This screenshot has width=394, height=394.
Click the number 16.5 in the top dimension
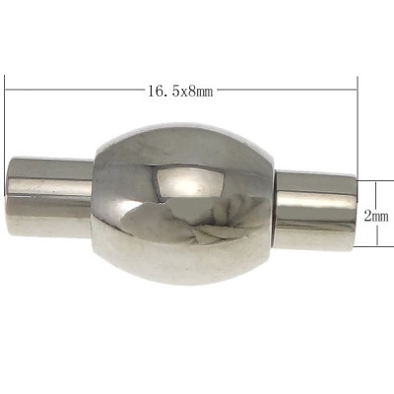162,92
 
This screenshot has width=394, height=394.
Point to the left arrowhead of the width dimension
11,92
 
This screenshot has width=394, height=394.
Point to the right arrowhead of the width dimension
351,92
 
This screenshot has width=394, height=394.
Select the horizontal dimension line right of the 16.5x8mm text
286,92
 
